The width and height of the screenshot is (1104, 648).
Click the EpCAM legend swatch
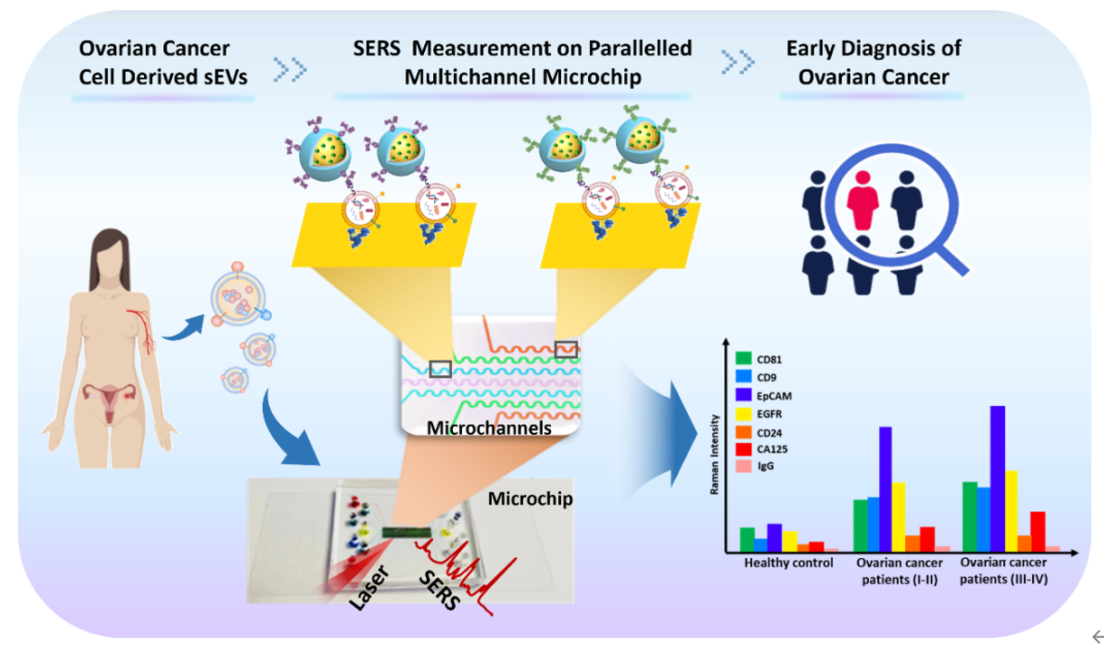[x=743, y=395]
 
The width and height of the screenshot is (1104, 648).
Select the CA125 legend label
[x=773, y=449]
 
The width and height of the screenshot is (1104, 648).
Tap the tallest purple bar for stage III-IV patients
[x=998, y=479]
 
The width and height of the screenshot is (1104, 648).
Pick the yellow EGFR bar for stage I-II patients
[x=899, y=517]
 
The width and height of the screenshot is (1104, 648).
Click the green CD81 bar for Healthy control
[x=747, y=540]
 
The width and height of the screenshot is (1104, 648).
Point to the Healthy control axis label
[x=789, y=562]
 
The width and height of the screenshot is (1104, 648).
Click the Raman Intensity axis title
[x=714, y=454]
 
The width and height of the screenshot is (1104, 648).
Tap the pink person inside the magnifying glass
[x=863, y=200]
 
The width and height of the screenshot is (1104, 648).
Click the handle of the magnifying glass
[x=952, y=258]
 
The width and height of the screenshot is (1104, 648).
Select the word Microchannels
[x=489, y=427]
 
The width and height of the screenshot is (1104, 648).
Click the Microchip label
[x=530, y=499]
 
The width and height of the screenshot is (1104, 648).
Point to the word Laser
[x=369, y=588]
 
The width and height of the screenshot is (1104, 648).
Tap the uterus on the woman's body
[x=110, y=399]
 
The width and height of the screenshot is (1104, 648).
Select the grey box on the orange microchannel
[x=566, y=349]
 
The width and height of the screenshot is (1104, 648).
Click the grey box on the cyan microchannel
[x=440, y=369]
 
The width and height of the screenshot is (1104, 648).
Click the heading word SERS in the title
[x=376, y=49]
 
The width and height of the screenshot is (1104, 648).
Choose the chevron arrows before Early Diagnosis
[x=738, y=62]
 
